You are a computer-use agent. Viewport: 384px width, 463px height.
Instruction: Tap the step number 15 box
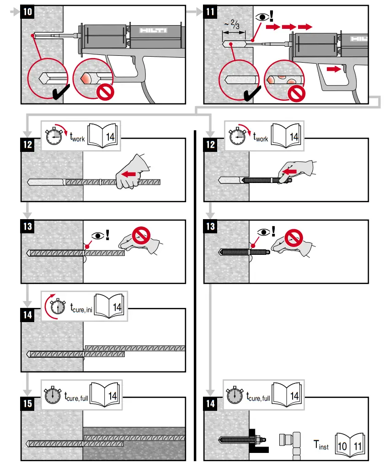(x=28, y=403)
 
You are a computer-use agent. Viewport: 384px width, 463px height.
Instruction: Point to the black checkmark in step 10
(x=60, y=93)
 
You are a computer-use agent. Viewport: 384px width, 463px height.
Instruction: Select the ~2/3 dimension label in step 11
(x=234, y=25)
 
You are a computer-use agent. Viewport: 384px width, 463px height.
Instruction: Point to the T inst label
(x=320, y=444)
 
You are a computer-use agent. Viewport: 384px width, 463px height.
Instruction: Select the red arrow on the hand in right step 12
(x=289, y=172)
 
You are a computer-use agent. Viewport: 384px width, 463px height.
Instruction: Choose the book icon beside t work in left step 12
(x=105, y=136)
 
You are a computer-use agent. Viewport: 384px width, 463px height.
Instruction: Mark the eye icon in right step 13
(x=263, y=232)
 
